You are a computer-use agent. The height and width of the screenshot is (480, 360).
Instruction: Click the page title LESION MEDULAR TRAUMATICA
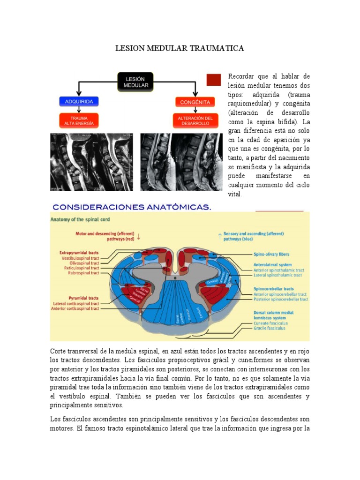[x=180, y=48]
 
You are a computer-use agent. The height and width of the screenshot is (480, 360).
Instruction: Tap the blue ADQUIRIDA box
[x=79, y=101]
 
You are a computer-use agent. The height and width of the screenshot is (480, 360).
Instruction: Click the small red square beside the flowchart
[x=213, y=80]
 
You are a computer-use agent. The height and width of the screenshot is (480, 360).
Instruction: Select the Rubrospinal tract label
[x=83, y=272]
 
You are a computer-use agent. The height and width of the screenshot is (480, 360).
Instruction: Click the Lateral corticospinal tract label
[x=76, y=303]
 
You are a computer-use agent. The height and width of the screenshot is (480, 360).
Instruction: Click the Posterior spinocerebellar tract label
[x=281, y=299]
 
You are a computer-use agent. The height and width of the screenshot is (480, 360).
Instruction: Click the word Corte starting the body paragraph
[x=59, y=352]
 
